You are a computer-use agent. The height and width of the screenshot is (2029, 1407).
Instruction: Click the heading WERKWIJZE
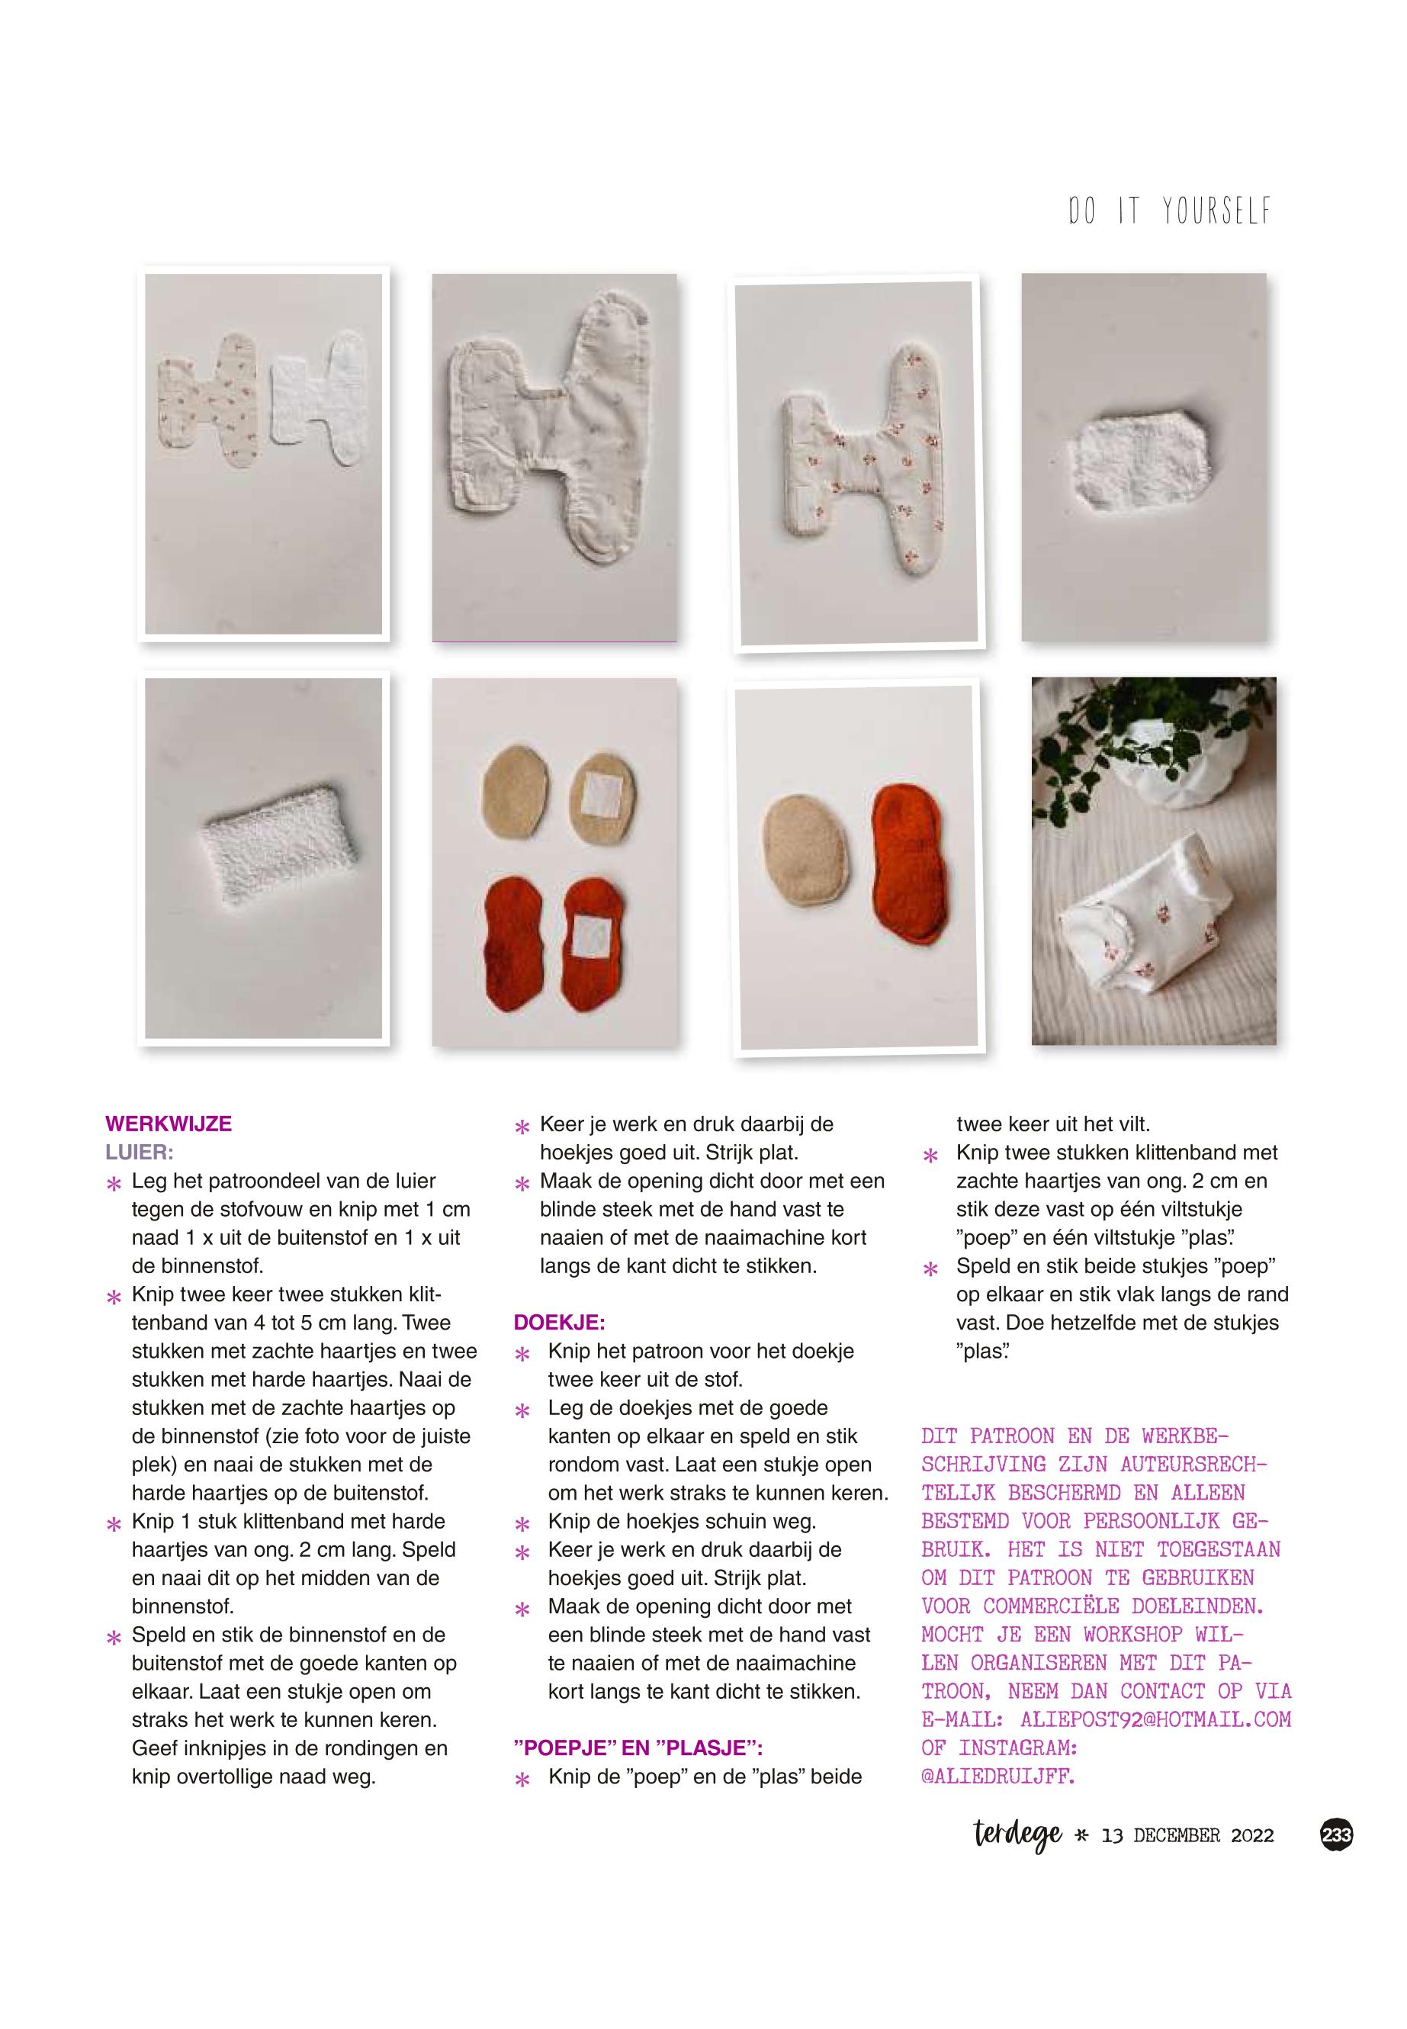pyautogui.click(x=169, y=1124)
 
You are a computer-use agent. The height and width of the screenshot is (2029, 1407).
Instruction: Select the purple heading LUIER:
pyautogui.click(x=140, y=1152)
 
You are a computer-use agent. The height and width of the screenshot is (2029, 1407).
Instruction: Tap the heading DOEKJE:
pyautogui.click(x=559, y=1322)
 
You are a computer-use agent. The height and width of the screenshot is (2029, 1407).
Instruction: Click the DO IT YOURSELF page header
pyautogui.click(x=1170, y=211)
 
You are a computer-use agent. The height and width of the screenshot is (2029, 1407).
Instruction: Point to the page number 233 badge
pyautogui.click(x=1337, y=1835)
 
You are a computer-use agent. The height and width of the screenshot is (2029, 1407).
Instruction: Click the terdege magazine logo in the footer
pyautogui.click(x=1018, y=1836)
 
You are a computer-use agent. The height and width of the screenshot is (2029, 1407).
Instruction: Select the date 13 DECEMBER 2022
pyautogui.click(x=1187, y=1836)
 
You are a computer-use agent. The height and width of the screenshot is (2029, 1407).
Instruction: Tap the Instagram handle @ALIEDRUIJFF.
pyautogui.click(x=998, y=1776)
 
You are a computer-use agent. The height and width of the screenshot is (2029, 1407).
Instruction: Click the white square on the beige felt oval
pyautogui.click(x=604, y=791)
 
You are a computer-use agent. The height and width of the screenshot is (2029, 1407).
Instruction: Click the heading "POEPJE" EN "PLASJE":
pyautogui.click(x=638, y=1748)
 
